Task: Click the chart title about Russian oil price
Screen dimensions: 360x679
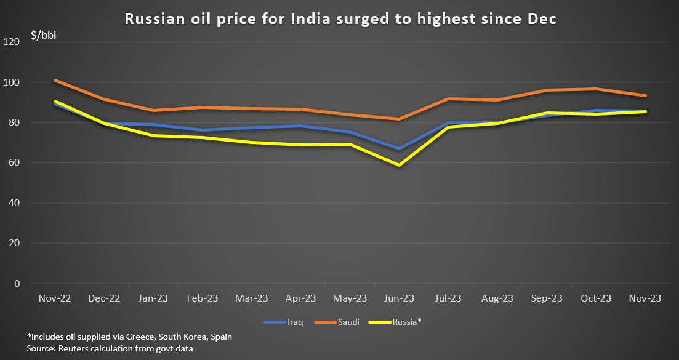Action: pyautogui.click(x=340, y=19)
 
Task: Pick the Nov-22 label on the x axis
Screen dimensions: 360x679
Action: pyautogui.click(x=54, y=298)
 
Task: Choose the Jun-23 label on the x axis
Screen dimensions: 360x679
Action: pyautogui.click(x=399, y=298)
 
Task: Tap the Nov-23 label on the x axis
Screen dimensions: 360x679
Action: pyautogui.click(x=645, y=298)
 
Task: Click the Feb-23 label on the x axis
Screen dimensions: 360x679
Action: pyautogui.click(x=202, y=298)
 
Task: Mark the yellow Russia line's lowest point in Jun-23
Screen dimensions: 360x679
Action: pyautogui.click(x=399, y=165)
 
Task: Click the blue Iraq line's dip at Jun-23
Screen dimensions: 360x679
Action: pyautogui.click(x=399, y=148)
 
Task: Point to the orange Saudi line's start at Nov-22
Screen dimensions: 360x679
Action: pyautogui.click(x=55, y=80)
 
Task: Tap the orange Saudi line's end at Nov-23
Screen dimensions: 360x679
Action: pyautogui.click(x=645, y=95)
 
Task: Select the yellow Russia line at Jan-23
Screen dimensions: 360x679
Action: pyautogui.click(x=153, y=135)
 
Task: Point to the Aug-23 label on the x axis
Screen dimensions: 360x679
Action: pyautogui.click(x=497, y=298)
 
